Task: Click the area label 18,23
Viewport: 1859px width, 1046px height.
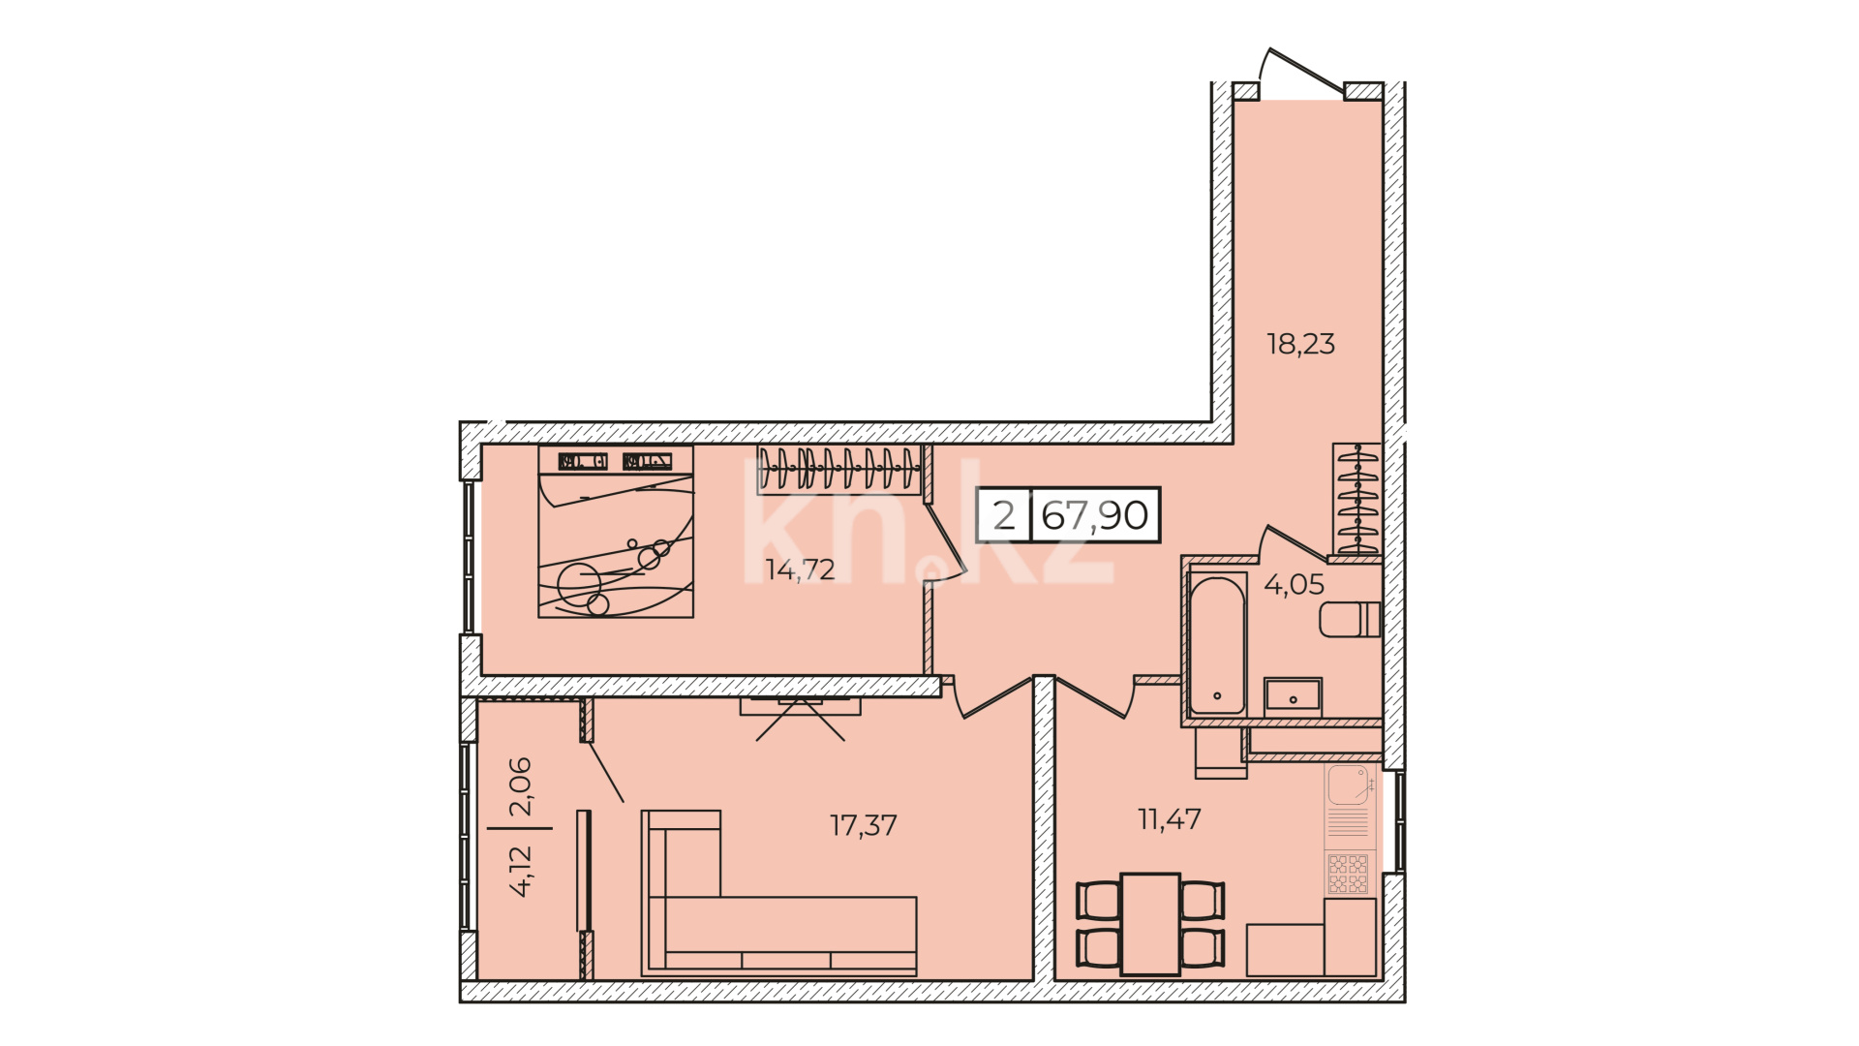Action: click(x=1301, y=344)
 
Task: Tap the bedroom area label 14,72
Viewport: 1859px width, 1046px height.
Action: click(x=800, y=569)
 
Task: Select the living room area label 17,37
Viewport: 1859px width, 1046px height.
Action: click(x=864, y=825)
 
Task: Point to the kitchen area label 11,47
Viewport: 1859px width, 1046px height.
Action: click(x=1170, y=819)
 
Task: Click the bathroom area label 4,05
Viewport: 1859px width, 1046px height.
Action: click(x=1295, y=584)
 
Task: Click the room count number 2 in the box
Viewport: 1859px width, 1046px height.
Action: click(x=1004, y=515)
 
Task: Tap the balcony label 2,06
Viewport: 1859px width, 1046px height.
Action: click(x=520, y=785)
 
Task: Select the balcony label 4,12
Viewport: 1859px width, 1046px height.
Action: click(x=520, y=871)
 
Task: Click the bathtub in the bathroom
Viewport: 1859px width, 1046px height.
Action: click(x=1217, y=645)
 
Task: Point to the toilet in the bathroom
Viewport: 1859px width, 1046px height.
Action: click(x=1350, y=620)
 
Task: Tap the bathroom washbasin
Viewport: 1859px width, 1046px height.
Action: click(x=1293, y=697)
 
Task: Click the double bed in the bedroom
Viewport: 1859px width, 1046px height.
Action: click(x=616, y=532)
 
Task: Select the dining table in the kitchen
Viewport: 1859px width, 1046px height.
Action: click(x=1150, y=924)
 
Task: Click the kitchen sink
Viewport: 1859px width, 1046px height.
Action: click(x=1348, y=785)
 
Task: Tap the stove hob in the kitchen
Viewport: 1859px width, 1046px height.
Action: click(x=1348, y=874)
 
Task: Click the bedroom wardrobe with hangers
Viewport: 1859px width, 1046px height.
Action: click(x=838, y=470)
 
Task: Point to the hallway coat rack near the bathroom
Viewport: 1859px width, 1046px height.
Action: click(x=1356, y=499)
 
